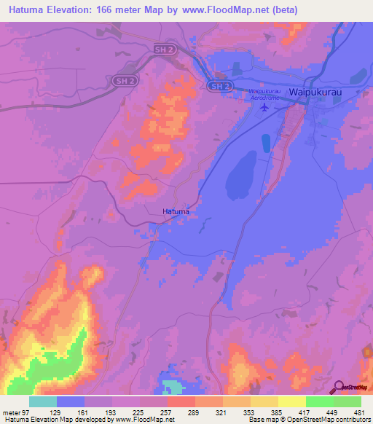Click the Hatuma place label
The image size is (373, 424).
click(176, 211)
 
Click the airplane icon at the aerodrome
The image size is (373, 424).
click(264, 108)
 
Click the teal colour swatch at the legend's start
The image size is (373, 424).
click(42, 401)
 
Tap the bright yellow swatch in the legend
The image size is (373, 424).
click(291, 401)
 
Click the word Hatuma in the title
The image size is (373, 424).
click(26, 10)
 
